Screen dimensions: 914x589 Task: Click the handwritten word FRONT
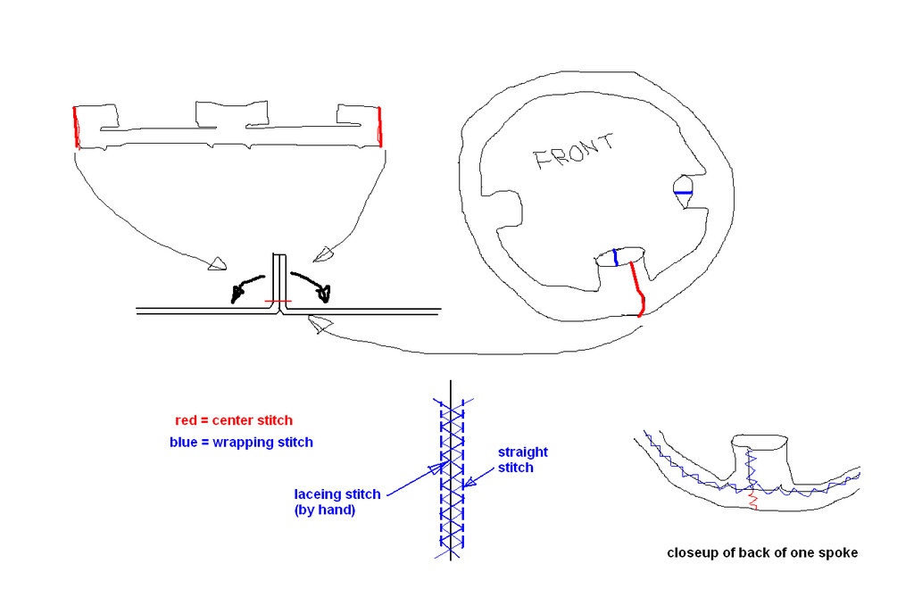574,152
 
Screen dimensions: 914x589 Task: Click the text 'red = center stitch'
234,420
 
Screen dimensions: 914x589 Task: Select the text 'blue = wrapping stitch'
241,442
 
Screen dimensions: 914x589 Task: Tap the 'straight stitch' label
522,460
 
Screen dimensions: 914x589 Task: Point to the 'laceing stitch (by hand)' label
337,502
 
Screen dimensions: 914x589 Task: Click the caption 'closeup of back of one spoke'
762,552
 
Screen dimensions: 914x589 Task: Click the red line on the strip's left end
76,127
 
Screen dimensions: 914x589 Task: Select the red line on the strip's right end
380,127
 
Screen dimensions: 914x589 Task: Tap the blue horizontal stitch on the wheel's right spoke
683,193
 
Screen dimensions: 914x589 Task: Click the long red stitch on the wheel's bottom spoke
638,289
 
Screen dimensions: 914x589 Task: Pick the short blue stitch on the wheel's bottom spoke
616,258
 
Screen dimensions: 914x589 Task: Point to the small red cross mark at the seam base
278,302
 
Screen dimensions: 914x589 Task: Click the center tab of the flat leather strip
231,114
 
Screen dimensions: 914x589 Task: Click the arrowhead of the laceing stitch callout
438,468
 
